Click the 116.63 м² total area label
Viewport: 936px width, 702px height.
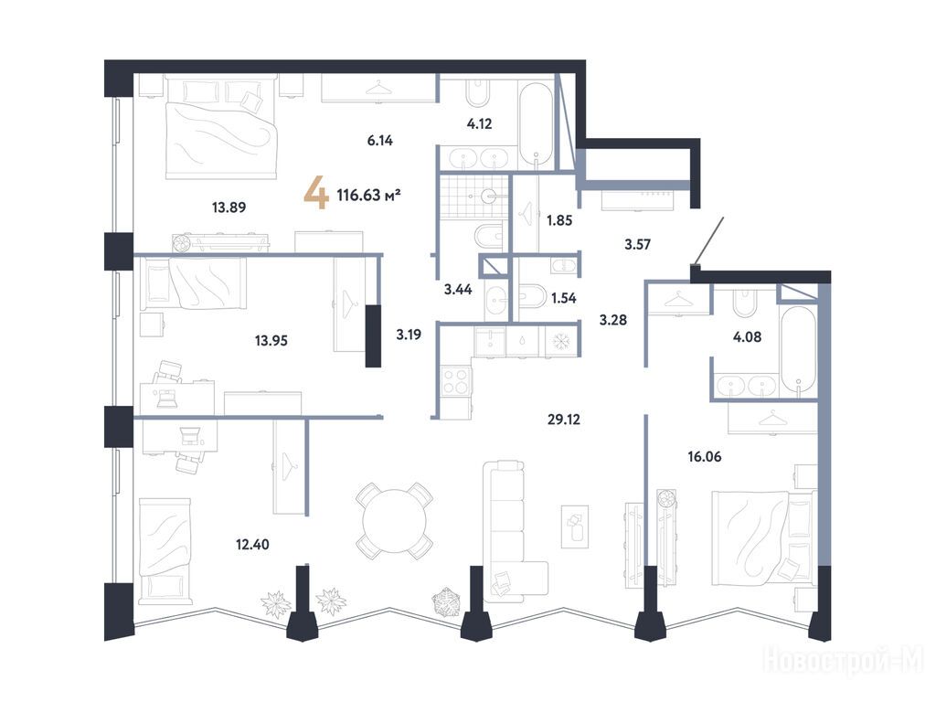(368, 195)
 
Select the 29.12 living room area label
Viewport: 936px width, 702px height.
(563, 420)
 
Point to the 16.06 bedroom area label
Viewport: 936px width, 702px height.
(705, 457)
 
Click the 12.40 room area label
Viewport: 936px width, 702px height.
(252, 545)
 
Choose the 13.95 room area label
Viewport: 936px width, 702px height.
(271, 341)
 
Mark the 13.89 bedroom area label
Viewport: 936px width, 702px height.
(229, 207)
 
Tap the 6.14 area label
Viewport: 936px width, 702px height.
(379, 141)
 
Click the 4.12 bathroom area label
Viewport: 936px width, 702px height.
(479, 123)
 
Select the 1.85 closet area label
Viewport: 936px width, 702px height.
(559, 220)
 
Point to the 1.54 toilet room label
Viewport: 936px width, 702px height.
(563, 298)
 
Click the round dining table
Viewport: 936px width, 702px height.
(395, 521)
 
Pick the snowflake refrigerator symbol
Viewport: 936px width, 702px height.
(560, 342)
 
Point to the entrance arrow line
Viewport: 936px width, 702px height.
(709, 240)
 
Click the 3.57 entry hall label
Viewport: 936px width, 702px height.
(637, 244)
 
